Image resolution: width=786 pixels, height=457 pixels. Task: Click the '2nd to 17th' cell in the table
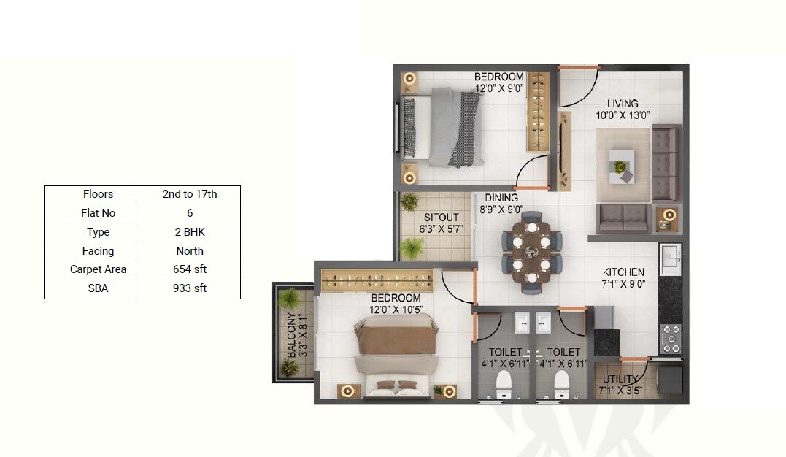pyautogui.click(x=190, y=194)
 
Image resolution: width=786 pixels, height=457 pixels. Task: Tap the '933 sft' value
pyautogui.click(x=190, y=288)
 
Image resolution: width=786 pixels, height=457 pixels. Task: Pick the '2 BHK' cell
pyautogui.click(x=190, y=232)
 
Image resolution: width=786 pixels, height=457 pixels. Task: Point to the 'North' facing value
pyautogui.click(x=190, y=251)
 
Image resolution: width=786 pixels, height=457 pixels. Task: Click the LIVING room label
pyautogui.click(x=622, y=104)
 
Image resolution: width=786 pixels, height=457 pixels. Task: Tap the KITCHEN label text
pyautogui.click(x=623, y=272)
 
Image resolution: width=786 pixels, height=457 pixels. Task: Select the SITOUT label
pyautogui.click(x=442, y=218)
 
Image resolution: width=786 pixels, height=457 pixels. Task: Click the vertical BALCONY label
pyautogui.click(x=291, y=334)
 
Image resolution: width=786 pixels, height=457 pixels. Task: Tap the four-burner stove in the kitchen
pyautogui.click(x=670, y=337)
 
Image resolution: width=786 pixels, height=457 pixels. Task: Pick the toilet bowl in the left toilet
pyautogui.click(x=503, y=384)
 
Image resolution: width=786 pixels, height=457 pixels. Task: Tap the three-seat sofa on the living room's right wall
pyautogui.click(x=665, y=163)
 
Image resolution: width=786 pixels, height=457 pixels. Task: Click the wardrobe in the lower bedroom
pyautogui.click(x=377, y=280)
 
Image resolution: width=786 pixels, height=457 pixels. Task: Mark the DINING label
pyautogui.click(x=501, y=198)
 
